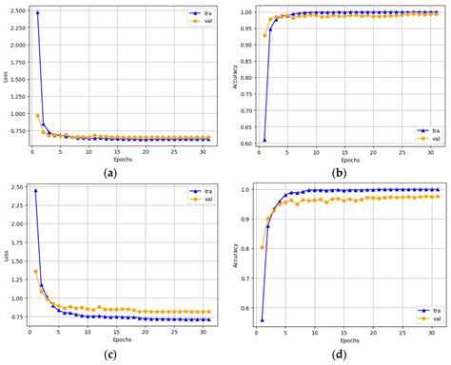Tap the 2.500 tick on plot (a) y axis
[x=16, y=12]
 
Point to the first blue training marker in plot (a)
[x=37, y=13]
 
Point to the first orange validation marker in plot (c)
[x=37, y=272]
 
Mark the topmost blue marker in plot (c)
[x=37, y=190]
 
